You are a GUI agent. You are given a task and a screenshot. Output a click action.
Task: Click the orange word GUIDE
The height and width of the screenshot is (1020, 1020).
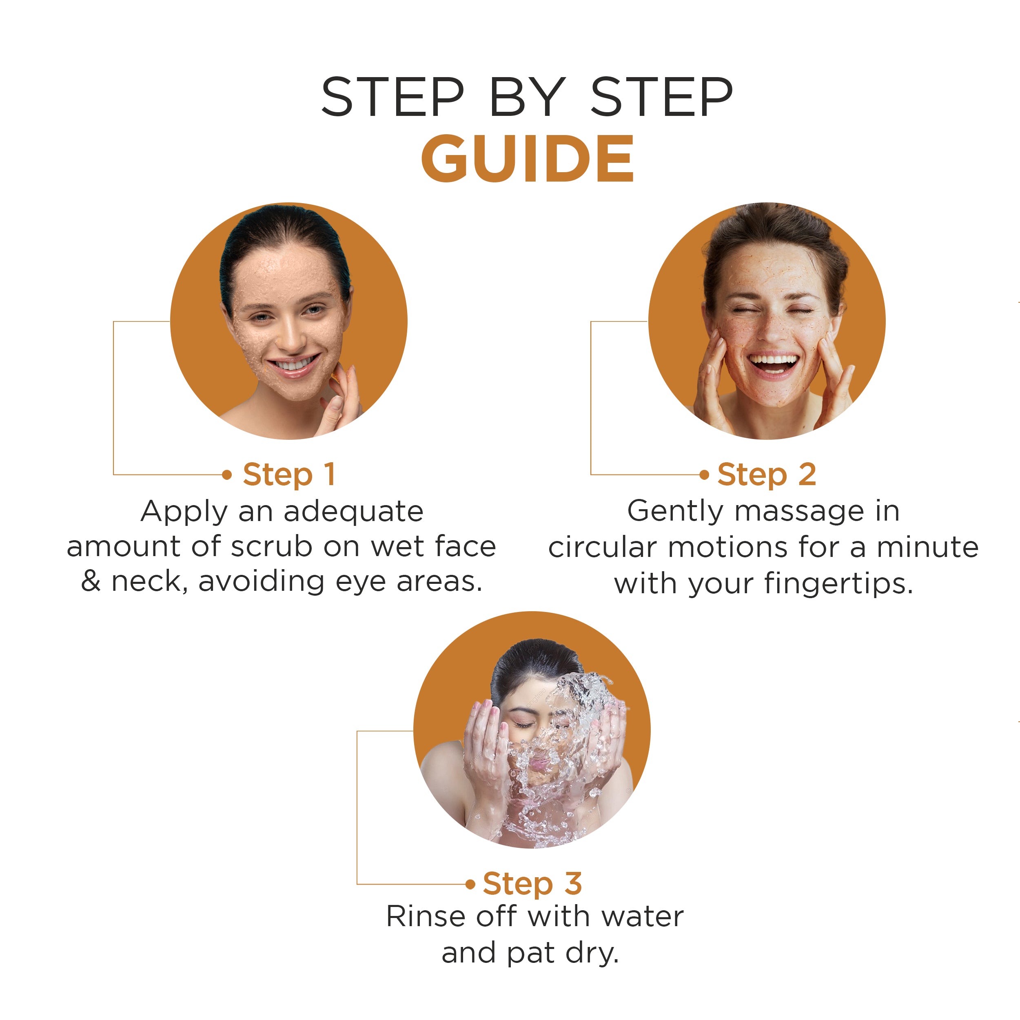point(527,158)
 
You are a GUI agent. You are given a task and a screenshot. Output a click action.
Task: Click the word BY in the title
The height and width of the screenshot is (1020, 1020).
point(527,97)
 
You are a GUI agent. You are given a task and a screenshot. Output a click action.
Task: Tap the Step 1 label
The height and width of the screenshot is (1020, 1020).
point(289,474)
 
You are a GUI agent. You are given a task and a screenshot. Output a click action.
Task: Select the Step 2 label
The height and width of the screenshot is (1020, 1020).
point(767,474)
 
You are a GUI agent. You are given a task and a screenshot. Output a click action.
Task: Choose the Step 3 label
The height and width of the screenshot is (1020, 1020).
point(532,883)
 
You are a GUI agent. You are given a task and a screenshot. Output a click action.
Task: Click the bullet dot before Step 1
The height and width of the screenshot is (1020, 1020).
point(227,475)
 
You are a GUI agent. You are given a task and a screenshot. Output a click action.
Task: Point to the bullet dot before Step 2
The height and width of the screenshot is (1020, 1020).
point(704,475)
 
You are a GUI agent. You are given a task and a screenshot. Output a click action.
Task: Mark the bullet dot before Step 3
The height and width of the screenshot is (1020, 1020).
point(470,884)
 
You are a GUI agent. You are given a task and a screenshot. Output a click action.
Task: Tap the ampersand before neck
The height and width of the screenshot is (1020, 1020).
point(91,581)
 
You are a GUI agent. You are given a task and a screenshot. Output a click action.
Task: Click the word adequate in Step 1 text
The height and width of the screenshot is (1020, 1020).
point(353,511)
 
